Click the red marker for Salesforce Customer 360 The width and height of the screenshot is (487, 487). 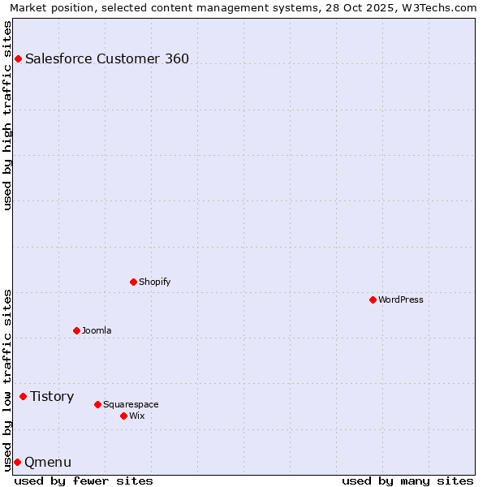pos(18,58)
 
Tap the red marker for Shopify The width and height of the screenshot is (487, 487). pos(133,282)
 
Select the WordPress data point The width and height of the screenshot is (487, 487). pos(373,300)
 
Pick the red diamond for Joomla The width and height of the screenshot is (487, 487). pos(76,330)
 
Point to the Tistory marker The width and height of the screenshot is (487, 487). pos(23,396)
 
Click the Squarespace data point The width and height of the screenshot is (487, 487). pos(97,404)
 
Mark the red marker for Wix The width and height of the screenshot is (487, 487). pos(123,416)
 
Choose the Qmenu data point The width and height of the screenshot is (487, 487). pos(17,462)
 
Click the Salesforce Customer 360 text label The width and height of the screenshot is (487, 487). pos(107,58)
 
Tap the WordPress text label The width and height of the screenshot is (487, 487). pos(401,300)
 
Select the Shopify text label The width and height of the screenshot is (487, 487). pos(154,282)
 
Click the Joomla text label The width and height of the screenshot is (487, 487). pos(97,330)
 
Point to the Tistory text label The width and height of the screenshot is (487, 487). pos(52,396)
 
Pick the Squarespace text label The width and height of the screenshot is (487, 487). pos(131,404)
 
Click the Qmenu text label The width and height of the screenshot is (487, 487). pos(48,462)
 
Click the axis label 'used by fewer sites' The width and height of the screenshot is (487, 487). pos(84,481)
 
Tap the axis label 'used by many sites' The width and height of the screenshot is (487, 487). pos(407,481)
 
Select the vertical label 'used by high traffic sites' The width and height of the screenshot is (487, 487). pos(7,115)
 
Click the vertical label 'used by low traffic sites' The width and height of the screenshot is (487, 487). pos(7,380)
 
